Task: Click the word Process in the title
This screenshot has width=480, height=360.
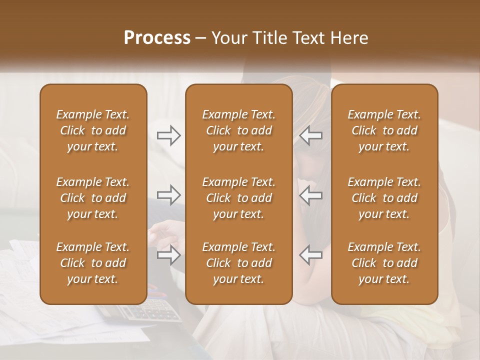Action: point(157,38)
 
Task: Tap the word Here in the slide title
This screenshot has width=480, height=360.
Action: point(349,38)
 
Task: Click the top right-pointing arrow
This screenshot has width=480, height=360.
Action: point(168,135)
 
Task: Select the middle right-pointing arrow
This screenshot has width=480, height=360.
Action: point(168,194)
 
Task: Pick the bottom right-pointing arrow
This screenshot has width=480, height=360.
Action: point(168,255)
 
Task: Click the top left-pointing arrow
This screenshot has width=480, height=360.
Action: point(311,135)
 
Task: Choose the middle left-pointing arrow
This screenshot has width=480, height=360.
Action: point(311,194)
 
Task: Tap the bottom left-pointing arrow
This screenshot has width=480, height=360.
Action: point(311,255)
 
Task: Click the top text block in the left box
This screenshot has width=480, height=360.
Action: point(93,130)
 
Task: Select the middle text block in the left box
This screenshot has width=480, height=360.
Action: point(93,198)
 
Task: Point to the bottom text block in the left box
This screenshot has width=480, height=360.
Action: point(93,263)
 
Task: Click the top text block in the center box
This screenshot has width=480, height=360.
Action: point(238,130)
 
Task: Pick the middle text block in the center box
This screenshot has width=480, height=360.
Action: point(238,198)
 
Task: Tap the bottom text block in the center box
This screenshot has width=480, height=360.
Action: point(238,263)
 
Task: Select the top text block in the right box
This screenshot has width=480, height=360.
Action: point(384,130)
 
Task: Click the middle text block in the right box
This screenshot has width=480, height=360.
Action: point(384,198)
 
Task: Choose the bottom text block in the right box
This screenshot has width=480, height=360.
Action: point(384,263)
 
